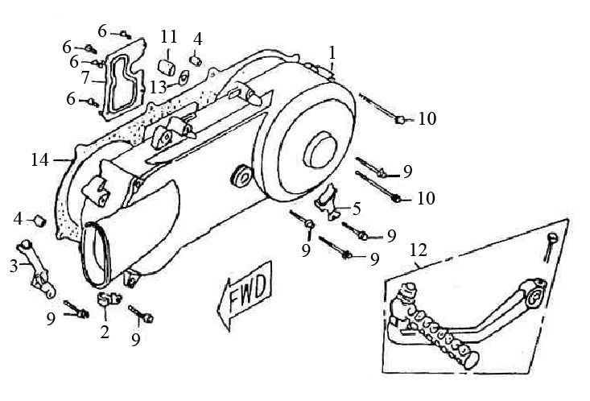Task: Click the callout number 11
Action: pyautogui.click(x=168, y=37)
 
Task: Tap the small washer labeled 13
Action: pyautogui.click(x=182, y=79)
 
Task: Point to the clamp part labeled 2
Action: pyautogui.click(x=105, y=304)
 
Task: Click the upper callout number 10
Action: pyautogui.click(x=427, y=119)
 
